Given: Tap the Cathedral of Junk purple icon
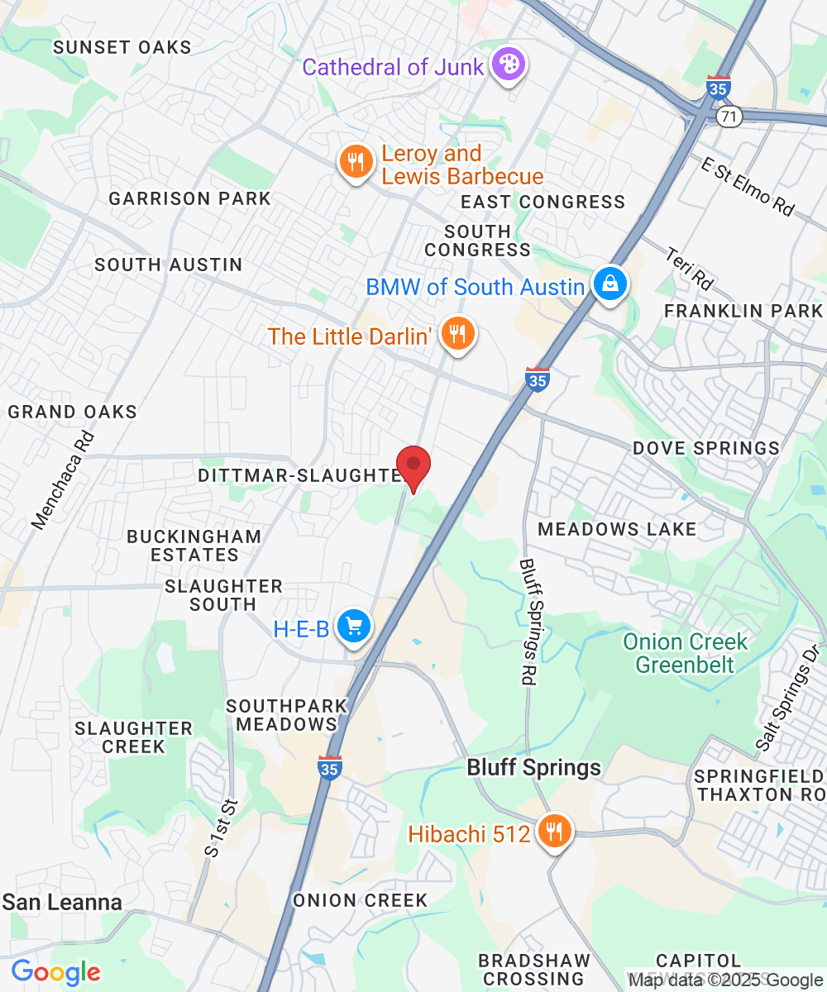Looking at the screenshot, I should click(506, 65).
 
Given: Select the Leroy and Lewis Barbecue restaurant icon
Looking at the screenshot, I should click(356, 162).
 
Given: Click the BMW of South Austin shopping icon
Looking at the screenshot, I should click(609, 285).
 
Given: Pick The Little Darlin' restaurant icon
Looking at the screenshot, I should click(456, 335).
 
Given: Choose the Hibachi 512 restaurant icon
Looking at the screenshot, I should click(552, 831).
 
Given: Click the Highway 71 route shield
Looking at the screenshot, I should click(728, 117).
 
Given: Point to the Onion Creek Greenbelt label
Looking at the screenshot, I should click(685, 652).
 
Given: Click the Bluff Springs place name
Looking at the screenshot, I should click(533, 767).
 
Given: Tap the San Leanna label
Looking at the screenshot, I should click(62, 902).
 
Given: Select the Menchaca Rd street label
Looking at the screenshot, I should click(64, 480).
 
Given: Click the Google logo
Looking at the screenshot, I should click(55, 972).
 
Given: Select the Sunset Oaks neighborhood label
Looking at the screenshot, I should click(122, 47).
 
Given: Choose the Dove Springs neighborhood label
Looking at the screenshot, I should click(705, 448).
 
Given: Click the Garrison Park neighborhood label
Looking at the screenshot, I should click(189, 198).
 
